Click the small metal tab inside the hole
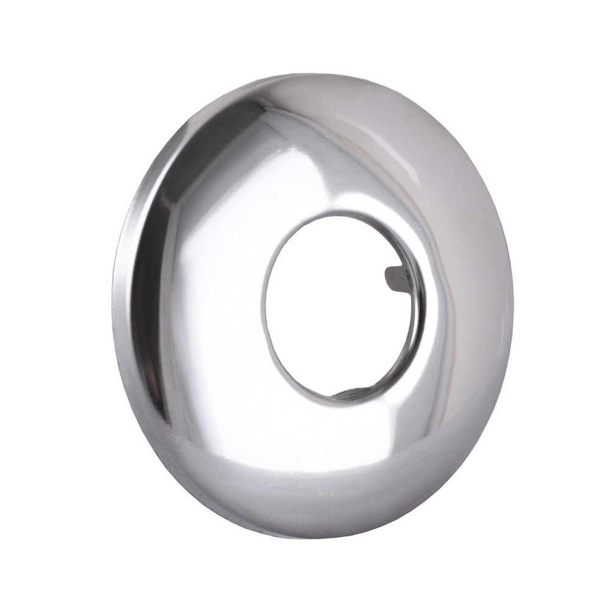point(397,279)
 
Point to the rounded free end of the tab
point(389,280)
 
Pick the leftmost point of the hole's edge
point(263,298)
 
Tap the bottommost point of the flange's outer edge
point(317,538)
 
